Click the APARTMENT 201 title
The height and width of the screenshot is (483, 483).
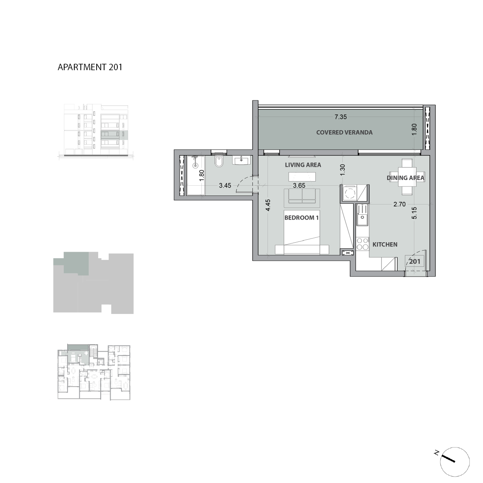point(90,67)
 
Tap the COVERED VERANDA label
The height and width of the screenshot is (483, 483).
point(344,132)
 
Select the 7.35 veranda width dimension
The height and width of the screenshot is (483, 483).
point(340,117)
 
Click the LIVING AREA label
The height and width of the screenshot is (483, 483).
point(303,165)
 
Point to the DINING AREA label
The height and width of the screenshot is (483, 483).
point(406,178)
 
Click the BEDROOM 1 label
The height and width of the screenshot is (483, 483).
point(301,218)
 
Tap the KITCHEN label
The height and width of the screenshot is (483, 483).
point(385,245)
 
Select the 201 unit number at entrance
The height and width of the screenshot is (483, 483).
point(414,261)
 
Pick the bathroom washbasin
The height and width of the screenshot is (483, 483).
point(241,160)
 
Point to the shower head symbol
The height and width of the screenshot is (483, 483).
point(195,165)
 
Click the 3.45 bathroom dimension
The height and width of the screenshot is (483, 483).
point(225,186)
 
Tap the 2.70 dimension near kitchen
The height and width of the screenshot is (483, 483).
point(399,205)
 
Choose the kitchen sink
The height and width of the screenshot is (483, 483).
point(361,215)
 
